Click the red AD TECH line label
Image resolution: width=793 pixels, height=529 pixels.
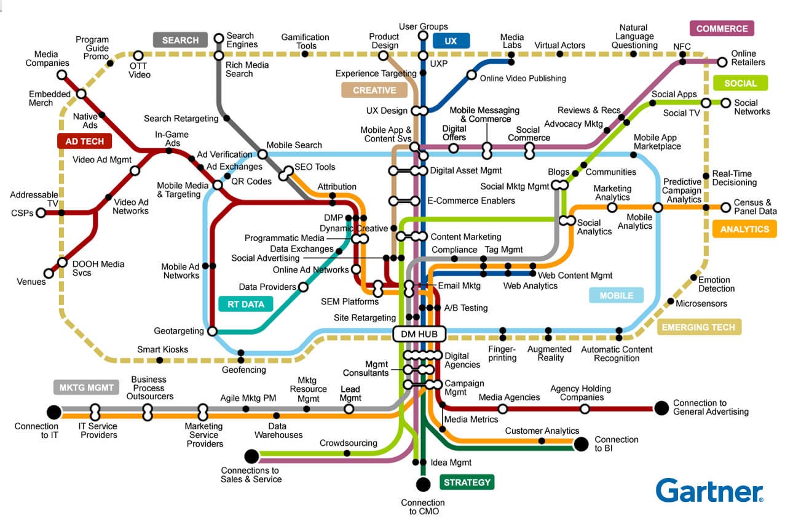tap(85, 141)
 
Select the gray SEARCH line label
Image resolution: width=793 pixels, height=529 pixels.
tap(180, 40)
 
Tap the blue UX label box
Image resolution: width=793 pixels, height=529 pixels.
tap(451, 41)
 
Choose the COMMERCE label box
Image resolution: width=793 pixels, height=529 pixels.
tap(722, 28)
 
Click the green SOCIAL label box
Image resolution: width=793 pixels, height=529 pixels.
tap(740, 83)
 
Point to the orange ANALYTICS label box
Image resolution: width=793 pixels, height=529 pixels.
tap(744, 229)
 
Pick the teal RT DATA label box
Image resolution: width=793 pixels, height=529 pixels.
tap(245, 304)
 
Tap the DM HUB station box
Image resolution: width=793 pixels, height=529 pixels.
tap(419, 334)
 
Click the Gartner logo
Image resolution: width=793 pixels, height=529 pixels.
tap(709, 491)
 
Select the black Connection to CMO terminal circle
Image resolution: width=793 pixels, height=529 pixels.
tap(423, 484)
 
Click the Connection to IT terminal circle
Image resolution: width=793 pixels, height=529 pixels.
tap(54, 412)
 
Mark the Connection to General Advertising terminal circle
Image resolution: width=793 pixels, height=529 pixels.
tap(661, 408)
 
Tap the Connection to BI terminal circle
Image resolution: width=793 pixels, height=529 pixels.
tap(581, 444)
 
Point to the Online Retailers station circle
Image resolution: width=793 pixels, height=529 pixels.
tap(722, 62)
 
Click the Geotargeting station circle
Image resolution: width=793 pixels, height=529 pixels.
tap(212, 331)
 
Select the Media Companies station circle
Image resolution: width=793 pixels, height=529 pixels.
tap(62, 75)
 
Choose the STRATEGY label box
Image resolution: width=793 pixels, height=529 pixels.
tap(467, 482)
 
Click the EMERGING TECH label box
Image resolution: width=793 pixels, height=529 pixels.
tap(699, 327)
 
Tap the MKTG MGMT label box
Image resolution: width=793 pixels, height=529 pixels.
tap(86, 388)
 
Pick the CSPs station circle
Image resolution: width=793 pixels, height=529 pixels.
tap(41, 213)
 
